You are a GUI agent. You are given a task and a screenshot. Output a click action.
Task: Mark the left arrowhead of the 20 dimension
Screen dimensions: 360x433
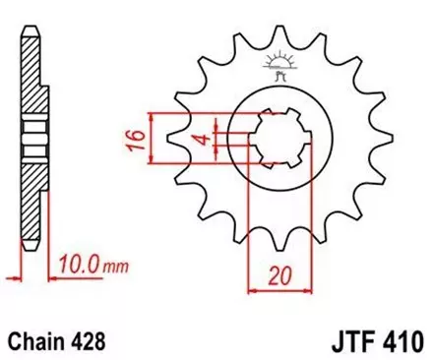(252, 288)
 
